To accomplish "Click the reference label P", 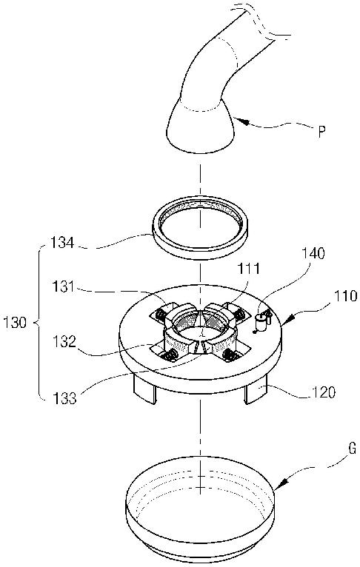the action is point(321,132).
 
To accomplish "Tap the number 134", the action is point(62,242).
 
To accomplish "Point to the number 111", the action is point(248,269).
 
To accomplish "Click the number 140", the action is point(313,253).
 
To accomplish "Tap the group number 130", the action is point(15,322).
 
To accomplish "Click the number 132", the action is point(64,342).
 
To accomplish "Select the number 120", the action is point(324,392).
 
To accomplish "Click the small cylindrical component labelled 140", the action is point(261,321).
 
